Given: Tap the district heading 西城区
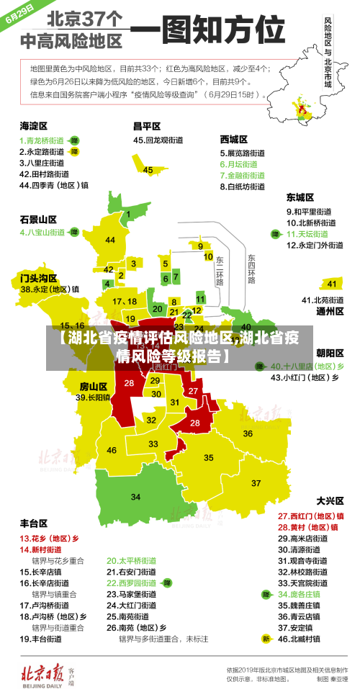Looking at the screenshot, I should point(234,139).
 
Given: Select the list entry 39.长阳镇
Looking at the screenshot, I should point(93,397).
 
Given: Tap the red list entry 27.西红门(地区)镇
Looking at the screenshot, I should point(311,516).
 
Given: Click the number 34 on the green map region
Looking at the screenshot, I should point(135,497).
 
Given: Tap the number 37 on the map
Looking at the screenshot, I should point(256,482).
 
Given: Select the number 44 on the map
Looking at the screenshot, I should point(110,240).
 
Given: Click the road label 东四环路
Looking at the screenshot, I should point(251,269).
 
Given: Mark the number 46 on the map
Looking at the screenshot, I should point(112,450).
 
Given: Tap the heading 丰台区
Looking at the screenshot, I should point(34,523).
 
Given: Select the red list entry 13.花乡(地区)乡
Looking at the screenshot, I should point(49,538).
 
